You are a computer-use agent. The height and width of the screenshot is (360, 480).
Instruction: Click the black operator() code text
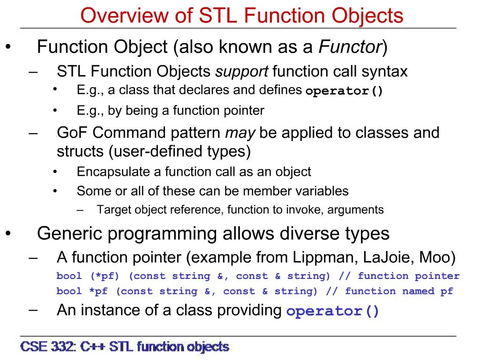tap(344, 91)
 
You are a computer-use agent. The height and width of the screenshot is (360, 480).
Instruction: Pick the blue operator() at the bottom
tap(332, 311)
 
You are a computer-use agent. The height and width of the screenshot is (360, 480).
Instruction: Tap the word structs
tap(80, 151)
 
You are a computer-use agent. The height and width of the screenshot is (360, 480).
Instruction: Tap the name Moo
tap(434, 257)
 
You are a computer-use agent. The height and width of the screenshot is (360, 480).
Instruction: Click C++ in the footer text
tap(92, 347)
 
